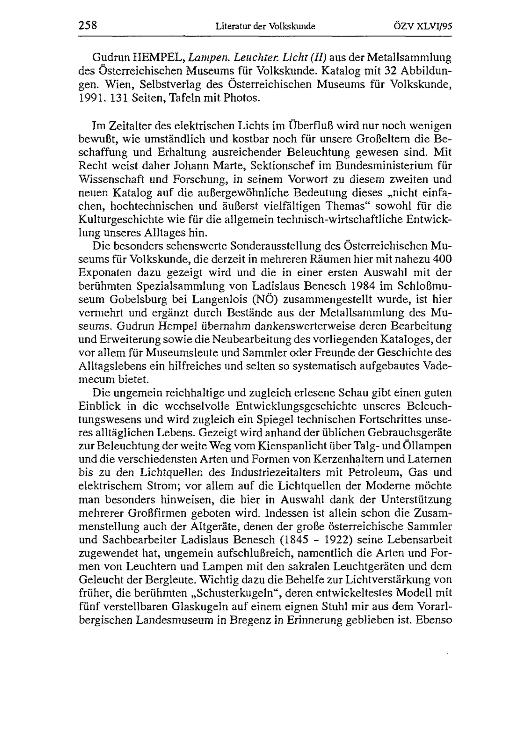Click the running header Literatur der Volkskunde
(265, 26)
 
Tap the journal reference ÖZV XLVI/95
(422, 26)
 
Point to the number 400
(442, 259)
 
